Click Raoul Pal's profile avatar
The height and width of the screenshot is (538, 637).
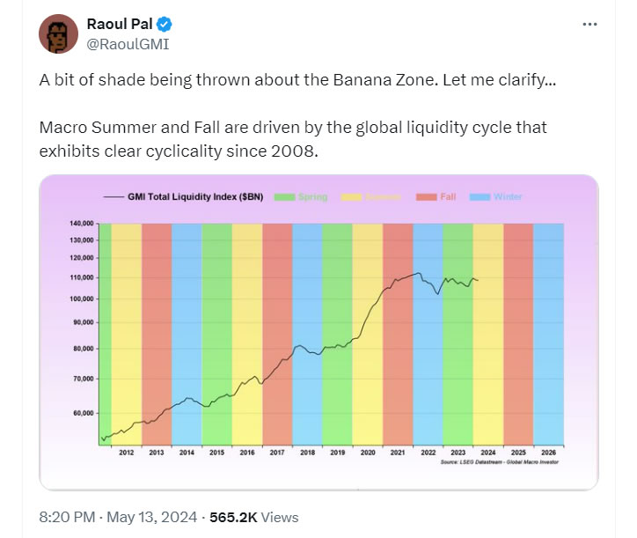point(58,33)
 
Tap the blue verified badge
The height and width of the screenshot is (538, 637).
point(157,23)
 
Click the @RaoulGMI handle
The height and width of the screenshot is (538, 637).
point(128,42)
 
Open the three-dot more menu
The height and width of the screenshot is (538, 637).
point(590,24)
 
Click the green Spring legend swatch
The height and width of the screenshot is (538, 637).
point(285,196)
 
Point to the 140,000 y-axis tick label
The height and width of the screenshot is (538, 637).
point(82,225)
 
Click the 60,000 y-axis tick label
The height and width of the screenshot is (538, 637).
point(84,412)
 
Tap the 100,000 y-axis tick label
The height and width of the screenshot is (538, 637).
point(82,298)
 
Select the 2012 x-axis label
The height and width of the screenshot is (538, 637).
point(127,452)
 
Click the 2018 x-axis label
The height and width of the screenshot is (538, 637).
point(306,452)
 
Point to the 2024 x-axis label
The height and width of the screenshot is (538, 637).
point(487,452)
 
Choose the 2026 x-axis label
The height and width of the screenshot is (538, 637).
point(547,452)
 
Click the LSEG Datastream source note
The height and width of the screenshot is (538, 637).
point(502,461)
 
